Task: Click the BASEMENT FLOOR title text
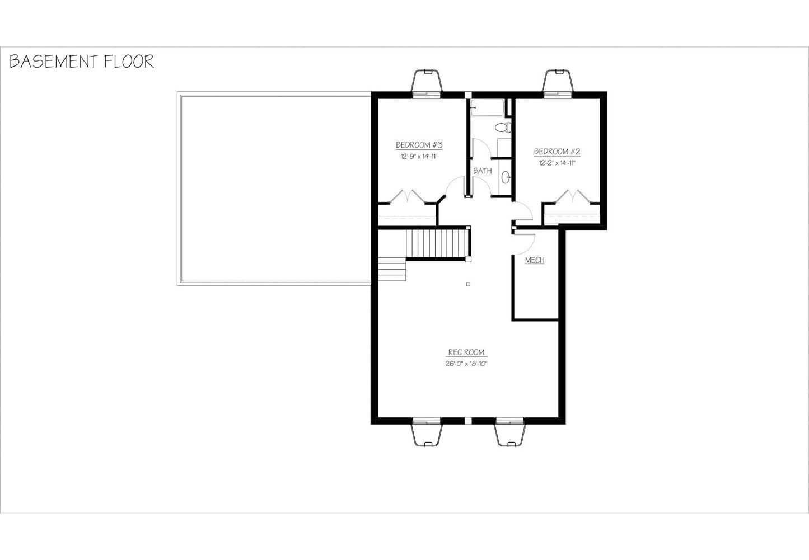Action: coord(81,62)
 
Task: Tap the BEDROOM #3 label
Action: coord(419,145)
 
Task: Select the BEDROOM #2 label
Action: coord(557,152)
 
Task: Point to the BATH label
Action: coord(482,171)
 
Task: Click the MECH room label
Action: coord(535,260)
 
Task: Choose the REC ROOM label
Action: coord(466,352)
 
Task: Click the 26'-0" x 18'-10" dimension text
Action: coord(466,364)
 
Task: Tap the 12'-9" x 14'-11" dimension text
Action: coord(418,157)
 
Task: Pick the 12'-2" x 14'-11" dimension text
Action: coord(557,163)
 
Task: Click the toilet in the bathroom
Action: coord(506,127)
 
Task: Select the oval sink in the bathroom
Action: coord(505,177)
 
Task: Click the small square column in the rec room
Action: coord(469,284)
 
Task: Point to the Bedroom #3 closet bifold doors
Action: coord(407,197)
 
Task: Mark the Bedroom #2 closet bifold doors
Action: coord(572,197)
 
